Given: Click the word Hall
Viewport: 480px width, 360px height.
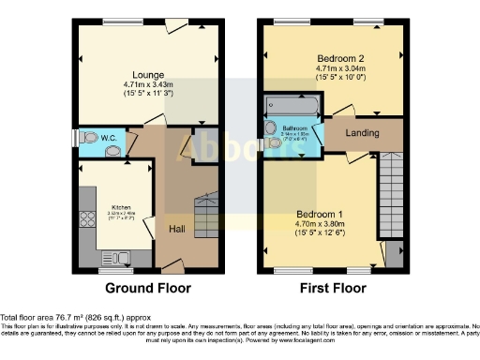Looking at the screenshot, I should point(176,228).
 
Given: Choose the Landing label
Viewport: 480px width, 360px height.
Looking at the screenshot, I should point(362,133).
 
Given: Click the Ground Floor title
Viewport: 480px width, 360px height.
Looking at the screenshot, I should point(147,288).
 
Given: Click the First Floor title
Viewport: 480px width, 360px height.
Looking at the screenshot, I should point(332,288).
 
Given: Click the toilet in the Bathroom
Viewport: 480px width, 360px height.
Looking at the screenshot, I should point(273,130).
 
